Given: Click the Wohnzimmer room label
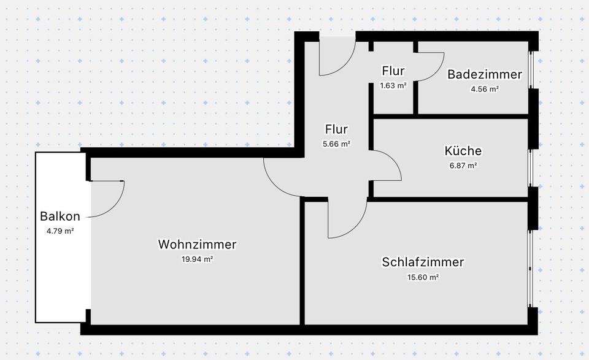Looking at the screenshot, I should (197, 245).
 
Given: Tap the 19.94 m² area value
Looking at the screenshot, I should (197, 259).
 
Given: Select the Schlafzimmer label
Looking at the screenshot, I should (423, 262).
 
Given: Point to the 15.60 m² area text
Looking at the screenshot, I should (423, 277).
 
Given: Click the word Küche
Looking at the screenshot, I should (463, 151).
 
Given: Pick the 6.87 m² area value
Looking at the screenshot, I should (463, 166).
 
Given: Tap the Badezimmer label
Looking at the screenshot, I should (484, 74).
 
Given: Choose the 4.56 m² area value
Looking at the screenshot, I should (484, 89).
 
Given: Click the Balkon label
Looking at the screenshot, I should (60, 216).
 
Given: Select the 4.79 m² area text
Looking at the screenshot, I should (60, 231).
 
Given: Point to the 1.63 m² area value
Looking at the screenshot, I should (393, 86).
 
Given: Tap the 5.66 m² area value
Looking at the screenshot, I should (336, 144).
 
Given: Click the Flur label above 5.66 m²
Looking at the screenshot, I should (336, 129).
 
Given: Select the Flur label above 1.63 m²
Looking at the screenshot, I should (393, 71).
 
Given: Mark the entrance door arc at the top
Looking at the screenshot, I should (347, 64).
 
